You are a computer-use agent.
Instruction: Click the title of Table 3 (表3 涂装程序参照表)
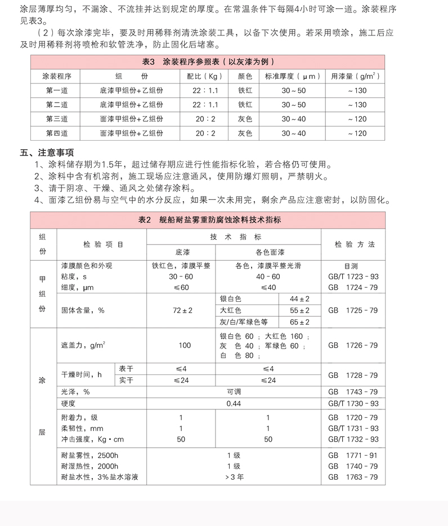pos(208,62)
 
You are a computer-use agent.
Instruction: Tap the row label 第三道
pos(57,119)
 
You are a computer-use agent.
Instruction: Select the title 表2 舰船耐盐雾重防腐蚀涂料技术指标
pos(208,220)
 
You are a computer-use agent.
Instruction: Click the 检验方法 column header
pos(353,244)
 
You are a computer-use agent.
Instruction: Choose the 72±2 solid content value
pos(184,310)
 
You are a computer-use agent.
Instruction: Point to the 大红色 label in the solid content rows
pos(231,310)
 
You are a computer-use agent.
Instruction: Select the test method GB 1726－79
pos(353,345)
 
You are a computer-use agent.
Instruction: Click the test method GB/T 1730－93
pos(353,404)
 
